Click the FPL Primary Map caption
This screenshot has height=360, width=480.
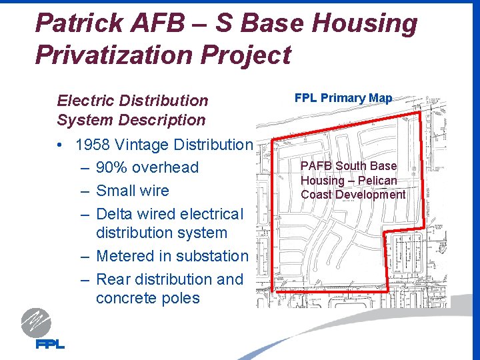click(x=343, y=98)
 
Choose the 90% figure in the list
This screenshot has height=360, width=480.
click(x=112, y=167)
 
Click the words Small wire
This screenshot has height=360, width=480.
click(x=133, y=191)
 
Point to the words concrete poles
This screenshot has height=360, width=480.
click(x=147, y=298)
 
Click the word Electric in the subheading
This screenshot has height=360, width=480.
click(x=83, y=101)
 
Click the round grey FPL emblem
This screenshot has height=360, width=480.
click(x=35, y=323)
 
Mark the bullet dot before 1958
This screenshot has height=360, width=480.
click(x=61, y=145)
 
